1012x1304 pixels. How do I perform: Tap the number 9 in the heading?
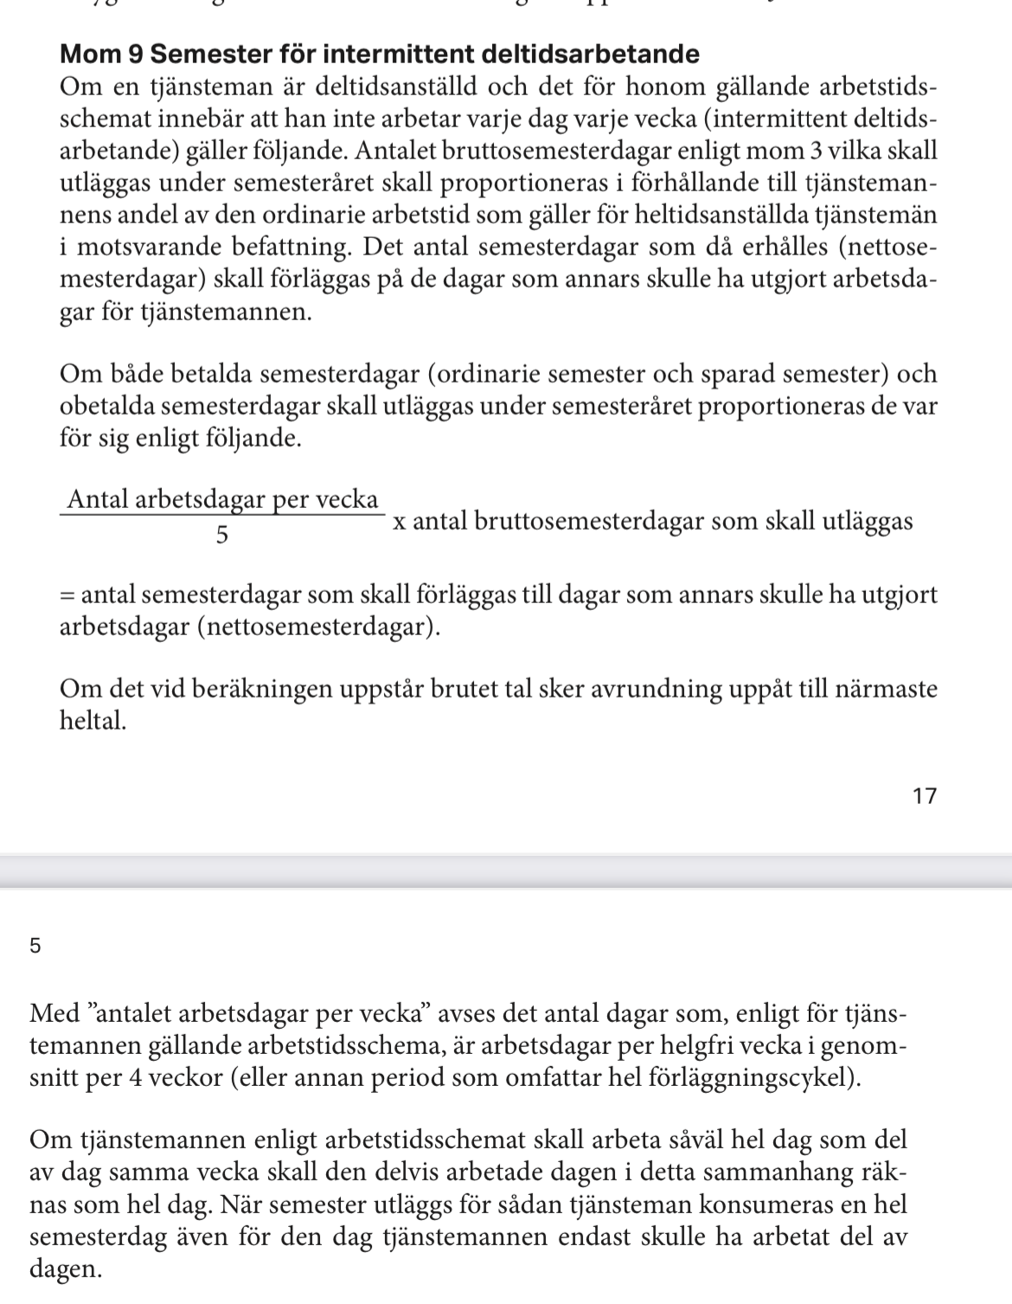(134, 55)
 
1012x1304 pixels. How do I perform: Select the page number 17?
(925, 796)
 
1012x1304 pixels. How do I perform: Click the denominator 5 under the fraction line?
(222, 536)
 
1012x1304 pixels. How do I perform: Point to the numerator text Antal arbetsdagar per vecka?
(222, 500)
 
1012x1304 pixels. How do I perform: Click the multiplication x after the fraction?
(399, 523)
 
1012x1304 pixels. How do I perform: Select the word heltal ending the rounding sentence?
(93, 721)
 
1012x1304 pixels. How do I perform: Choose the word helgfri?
(703, 1045)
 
